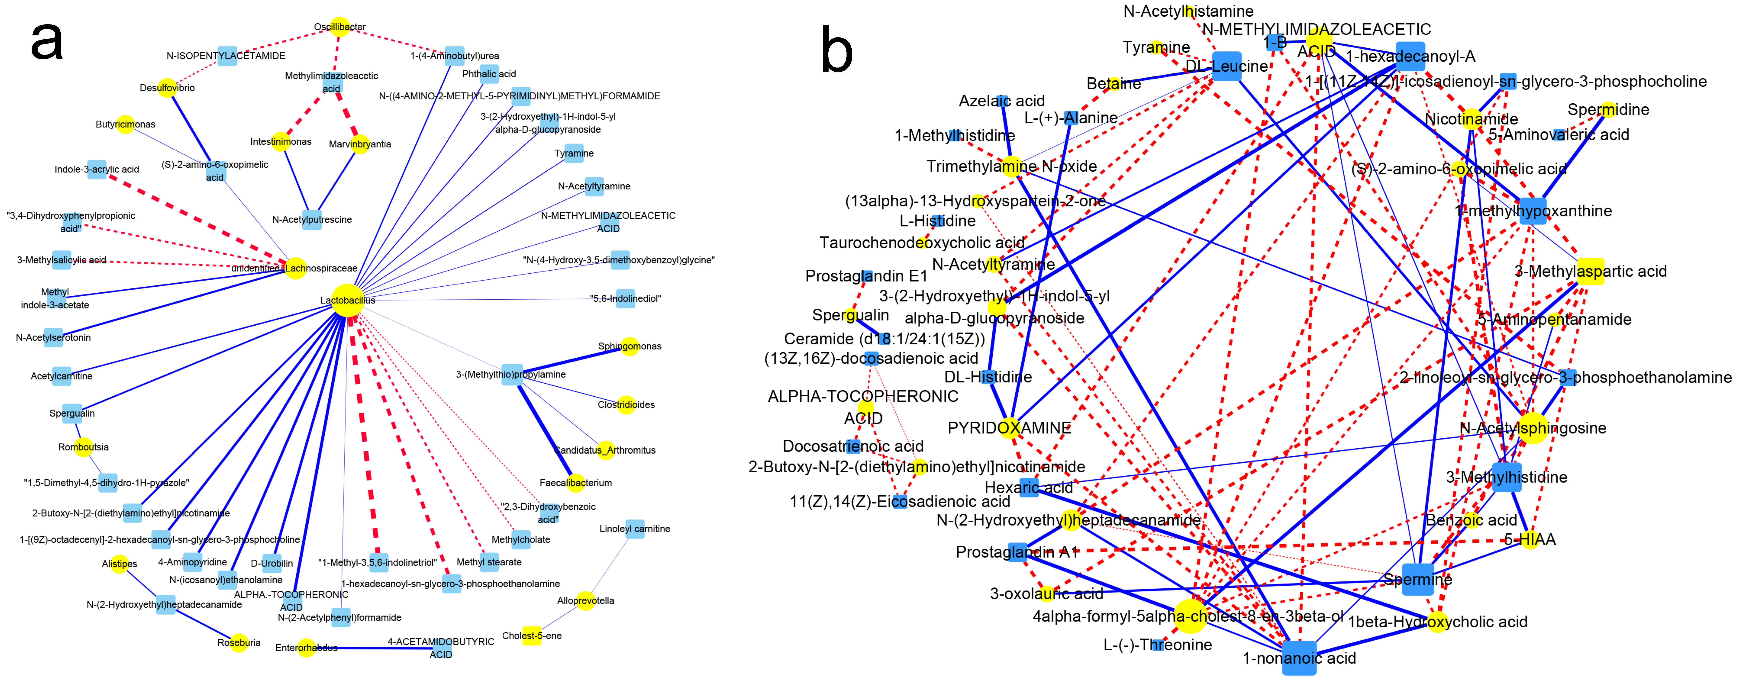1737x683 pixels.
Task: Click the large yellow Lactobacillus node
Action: click(x=347, y=300)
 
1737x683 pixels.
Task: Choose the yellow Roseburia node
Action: click(x=239, y=643)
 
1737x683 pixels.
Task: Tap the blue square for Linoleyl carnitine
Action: click(x=634, y=529)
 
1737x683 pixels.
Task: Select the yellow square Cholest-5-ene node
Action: click(x=532, y=635)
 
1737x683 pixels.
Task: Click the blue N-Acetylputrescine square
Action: click(x=311, y=219)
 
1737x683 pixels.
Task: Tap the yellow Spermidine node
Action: click(x=1608, y=109)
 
